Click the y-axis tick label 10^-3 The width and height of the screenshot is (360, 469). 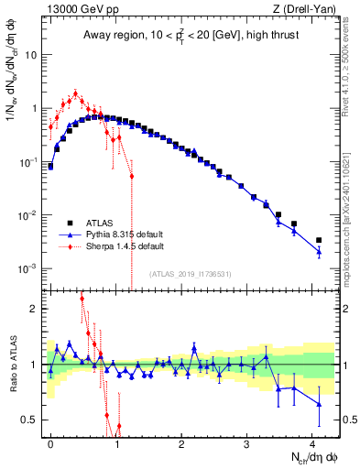pos(27,268)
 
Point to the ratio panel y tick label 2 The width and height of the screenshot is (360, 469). pos(35,309)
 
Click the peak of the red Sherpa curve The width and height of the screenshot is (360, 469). pos(75,93)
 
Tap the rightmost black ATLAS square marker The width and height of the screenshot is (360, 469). pos(319,241)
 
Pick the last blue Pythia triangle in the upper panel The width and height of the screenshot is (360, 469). pos(319,250)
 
